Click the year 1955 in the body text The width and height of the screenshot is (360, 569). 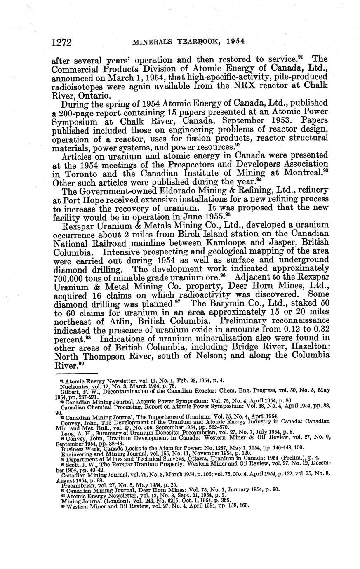pyautogui.click(x=212, y=216)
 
